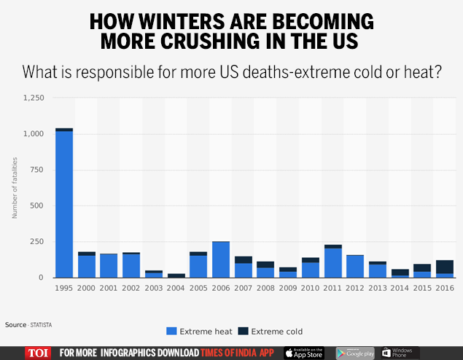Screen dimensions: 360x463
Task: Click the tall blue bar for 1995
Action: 64,204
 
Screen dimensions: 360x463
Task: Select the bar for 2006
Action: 221,259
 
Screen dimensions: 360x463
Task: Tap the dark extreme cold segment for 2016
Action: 445,267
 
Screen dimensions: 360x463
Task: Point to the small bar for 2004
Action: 176,275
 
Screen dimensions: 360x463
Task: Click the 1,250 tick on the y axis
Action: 34,98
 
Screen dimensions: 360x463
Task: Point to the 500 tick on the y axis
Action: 38,206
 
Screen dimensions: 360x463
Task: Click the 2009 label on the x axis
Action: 288,288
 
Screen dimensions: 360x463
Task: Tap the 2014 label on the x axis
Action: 400,288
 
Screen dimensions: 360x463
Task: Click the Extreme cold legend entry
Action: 271,332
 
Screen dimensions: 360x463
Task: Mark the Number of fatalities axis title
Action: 14,187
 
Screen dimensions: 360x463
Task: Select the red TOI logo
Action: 38,353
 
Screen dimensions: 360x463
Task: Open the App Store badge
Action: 303,353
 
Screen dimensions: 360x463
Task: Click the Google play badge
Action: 354,353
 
